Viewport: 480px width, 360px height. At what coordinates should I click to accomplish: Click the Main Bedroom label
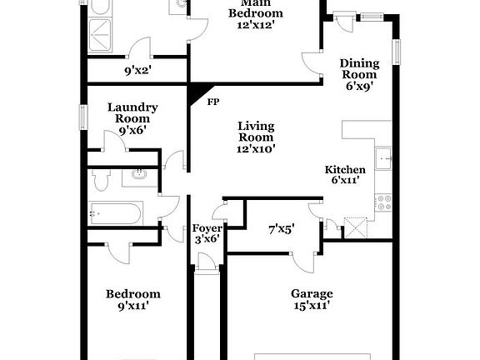pos(256,14)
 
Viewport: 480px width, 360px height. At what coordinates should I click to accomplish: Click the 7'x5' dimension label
pos(281,227)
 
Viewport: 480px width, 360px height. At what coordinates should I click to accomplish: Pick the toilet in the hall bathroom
pos(101,179)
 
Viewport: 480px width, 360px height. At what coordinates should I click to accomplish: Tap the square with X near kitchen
pos(357,227)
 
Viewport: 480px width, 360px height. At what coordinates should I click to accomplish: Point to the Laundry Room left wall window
pos(83,117)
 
